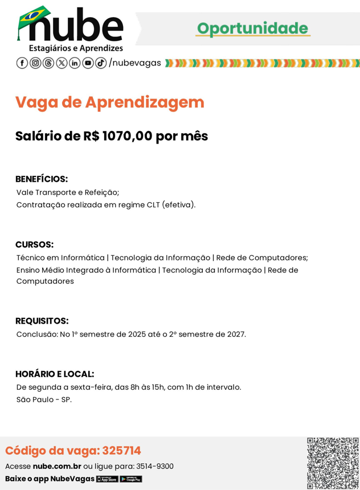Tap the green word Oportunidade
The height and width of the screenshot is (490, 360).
(x=252, y=28)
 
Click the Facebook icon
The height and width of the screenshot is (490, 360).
(x=22, y=63)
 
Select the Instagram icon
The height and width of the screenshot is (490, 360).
(x=35, y=63)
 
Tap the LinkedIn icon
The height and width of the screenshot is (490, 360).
(x=75, y=63)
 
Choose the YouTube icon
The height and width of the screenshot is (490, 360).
(x=88, y=63)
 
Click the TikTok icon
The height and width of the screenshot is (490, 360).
(x=101, y=63)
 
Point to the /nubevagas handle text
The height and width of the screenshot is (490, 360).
(x=135, y=63)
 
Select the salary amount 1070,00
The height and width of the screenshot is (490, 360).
(x=128, y=137)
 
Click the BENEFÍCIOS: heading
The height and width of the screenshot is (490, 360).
(x=42, y=179)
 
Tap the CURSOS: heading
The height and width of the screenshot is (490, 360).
(x=34, y=244)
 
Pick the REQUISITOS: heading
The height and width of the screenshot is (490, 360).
(x=42, y=321)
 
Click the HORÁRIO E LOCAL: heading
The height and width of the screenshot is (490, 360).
(x=55, y=374)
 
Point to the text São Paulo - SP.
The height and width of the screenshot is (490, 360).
(x=44, y=399)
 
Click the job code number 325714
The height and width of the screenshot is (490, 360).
(x=121, y=451)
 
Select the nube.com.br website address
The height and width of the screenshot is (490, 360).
(x=57, y=466)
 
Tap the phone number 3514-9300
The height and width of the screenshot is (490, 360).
(x=155, y=466)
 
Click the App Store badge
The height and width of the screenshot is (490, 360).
(x=107, y=479)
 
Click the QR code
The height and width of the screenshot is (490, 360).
(x=333, y=463)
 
